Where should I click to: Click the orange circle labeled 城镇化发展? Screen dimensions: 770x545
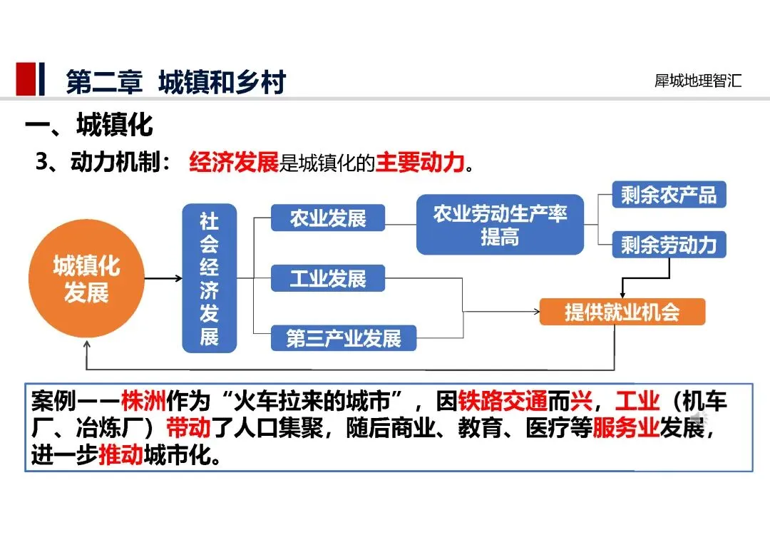pos(86,280)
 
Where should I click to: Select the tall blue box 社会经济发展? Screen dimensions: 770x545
pos(209,278)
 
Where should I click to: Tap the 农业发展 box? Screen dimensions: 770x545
pos(328,218)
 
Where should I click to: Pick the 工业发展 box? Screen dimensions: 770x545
pos(328,278)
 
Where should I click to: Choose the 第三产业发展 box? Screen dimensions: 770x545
pos(344,338)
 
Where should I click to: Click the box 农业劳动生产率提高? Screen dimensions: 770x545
pos(500,225)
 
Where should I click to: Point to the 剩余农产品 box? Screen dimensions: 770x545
pos(669,195)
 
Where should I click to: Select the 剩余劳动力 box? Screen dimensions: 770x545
pos(669,245)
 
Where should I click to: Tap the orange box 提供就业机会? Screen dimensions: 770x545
pos(622,312)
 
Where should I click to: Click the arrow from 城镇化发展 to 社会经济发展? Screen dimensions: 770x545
pos(163,277)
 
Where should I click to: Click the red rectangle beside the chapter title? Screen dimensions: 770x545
pos(26,79)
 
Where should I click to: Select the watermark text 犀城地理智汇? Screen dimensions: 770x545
pos(698,81)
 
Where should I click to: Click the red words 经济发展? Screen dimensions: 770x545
pos(233,163)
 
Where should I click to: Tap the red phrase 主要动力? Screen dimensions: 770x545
pos(420,163)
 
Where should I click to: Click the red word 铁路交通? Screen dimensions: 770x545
pos(503,401)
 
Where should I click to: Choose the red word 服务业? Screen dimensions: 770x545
pos(625,428)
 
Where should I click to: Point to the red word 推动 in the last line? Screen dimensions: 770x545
pos(120,455)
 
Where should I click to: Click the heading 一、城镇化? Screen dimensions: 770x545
pos(89,126)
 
